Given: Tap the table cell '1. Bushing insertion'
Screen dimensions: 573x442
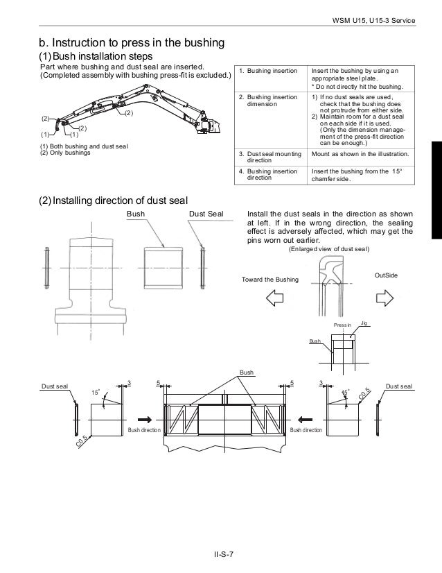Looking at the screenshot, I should click(267, 71).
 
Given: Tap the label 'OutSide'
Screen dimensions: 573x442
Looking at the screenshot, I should click(385, 275).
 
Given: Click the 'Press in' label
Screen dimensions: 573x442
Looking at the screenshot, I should click(343, 324).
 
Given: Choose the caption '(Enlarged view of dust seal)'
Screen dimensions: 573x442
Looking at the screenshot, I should click(328, 249).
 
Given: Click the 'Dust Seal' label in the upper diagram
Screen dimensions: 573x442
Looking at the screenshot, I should click(205, 214).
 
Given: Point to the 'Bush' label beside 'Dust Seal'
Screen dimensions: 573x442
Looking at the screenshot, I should click(135, 214).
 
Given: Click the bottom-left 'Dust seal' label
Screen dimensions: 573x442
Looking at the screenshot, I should click(55, 386).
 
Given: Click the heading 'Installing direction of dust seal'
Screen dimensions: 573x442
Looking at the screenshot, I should click(113, 201).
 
